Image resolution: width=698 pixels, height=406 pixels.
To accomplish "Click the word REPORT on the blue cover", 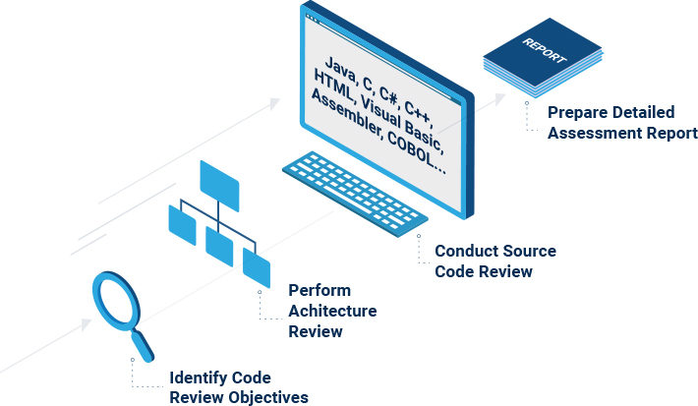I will click(x=545, y=49).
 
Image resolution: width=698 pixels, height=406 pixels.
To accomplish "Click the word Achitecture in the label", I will click(x=332, y=311).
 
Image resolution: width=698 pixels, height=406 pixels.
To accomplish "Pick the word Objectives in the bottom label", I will click(x=267, y=397).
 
